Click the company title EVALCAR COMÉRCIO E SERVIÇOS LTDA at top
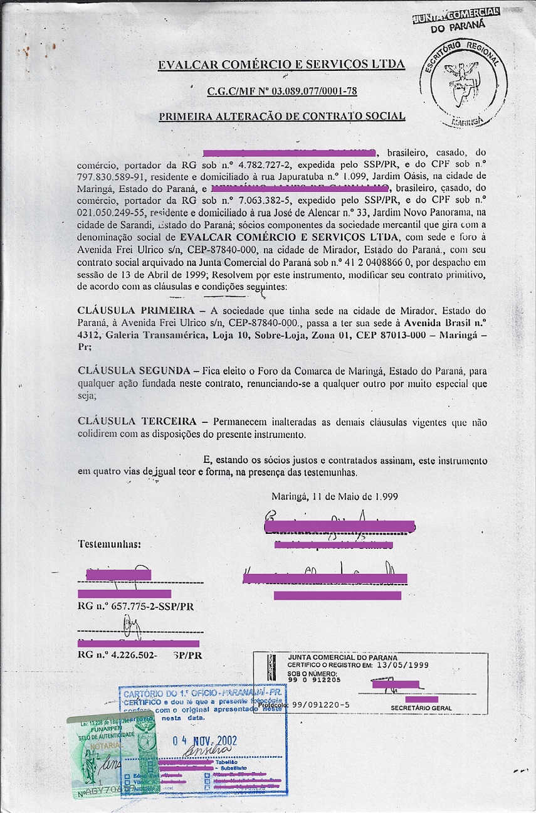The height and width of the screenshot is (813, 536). [281, 65]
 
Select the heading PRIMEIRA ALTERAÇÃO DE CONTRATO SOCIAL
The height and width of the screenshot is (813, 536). [281, 116]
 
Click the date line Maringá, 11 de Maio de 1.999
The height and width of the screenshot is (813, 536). [334, 496]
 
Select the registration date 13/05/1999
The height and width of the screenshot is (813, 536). [407, 665]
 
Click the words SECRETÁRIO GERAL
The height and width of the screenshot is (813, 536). [421, 708]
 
